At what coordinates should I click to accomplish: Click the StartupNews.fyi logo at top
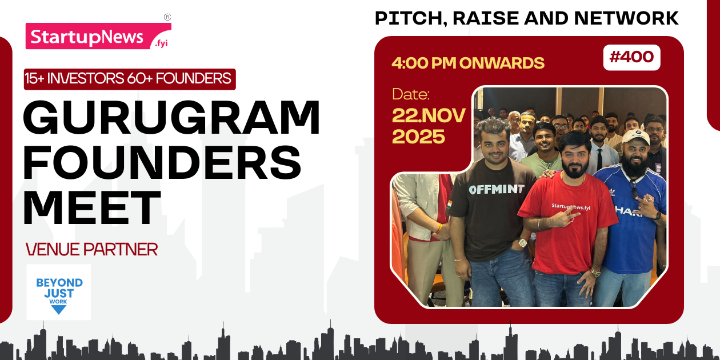(x=98, y=36)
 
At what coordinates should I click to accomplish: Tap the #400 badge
(x=631, y=57)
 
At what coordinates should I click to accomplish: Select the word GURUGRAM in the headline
(x=171, y=117)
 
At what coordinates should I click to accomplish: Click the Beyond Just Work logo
(x=59, y=292)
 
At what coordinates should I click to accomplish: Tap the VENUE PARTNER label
(x=91, y=249)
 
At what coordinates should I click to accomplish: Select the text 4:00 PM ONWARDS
(x=468, y=63)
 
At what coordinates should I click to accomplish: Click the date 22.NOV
(x=429, y=115)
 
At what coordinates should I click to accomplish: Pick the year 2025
(x=418, y=137)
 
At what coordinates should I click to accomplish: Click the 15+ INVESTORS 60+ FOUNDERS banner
(x=130, y=78)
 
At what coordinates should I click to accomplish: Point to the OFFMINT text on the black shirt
(x=495, y=189)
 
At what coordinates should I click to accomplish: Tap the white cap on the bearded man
(x=637, y=136)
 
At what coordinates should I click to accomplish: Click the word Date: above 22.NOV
(x=410, y=94)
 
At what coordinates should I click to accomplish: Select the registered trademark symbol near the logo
(x=167, y=17)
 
